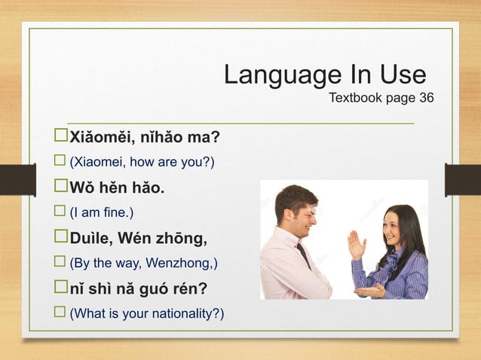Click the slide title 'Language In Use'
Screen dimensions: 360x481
point(324,76)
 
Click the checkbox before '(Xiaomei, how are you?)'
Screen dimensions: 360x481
point(60,162)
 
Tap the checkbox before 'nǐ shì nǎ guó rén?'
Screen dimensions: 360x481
point(60,289)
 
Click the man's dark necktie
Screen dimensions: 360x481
point(303,256)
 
